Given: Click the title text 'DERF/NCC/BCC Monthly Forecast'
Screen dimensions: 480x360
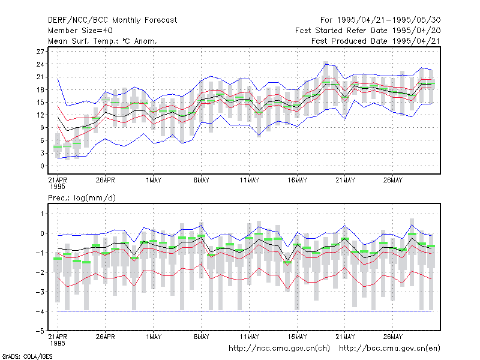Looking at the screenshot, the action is (112, 20).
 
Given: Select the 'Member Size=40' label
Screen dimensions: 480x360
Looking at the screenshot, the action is (80, 31).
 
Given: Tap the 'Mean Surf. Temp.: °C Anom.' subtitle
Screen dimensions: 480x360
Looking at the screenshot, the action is (103, 41).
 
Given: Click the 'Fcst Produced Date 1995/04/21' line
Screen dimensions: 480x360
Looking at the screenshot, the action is (376, 41).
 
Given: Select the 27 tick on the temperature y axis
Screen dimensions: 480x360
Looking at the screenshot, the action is (40, 52).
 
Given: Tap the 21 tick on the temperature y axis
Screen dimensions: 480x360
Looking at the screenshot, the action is (40, 77).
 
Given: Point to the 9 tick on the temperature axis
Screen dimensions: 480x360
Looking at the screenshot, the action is (42, 128).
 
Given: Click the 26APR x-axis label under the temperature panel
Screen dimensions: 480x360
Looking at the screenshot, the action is (106, 180).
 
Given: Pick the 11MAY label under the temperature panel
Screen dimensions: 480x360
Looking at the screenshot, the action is (249, 180).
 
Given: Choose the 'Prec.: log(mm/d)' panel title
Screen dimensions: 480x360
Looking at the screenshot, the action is (82, 198).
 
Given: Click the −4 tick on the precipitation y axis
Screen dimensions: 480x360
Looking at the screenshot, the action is (40, 311).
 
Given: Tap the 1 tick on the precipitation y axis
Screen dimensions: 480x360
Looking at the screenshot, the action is (42, 214).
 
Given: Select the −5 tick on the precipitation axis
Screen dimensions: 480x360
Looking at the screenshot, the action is (40, 331).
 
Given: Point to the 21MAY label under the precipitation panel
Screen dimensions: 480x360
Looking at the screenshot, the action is (345, 337).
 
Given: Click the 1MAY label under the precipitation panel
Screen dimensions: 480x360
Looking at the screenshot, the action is (154, 337).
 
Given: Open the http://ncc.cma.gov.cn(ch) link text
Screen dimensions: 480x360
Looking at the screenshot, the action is (279, 349).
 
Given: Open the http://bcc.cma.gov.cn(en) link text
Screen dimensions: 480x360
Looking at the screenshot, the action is (389, 349).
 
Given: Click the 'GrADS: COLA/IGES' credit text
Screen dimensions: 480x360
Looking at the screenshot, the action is (27, 356).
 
